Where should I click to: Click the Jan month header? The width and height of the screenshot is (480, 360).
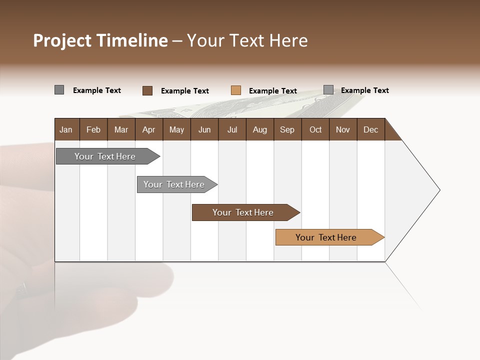point(66,129)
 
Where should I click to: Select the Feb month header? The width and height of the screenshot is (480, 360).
point(93,129)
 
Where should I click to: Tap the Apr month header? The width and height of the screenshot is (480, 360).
point(149,129)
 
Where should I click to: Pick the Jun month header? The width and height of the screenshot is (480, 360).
point(204,129)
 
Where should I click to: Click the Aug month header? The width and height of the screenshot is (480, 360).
point(260,129)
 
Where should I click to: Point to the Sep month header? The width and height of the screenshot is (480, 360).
point(287,129)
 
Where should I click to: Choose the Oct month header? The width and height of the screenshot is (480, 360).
point(315,129)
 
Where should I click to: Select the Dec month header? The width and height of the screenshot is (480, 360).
point(371,129)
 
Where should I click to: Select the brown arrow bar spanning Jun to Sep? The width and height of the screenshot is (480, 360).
point(243,212)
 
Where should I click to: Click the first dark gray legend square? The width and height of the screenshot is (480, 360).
point(59,90)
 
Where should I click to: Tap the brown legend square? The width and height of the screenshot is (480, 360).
point(147,90)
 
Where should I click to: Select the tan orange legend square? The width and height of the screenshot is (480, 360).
point(235,90)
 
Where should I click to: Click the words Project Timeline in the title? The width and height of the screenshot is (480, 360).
point(100,40)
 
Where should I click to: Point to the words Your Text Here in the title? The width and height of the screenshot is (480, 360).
point(247,40)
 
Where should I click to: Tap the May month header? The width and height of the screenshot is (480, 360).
point(176,129)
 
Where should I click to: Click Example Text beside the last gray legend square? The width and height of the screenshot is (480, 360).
point(364,90)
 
